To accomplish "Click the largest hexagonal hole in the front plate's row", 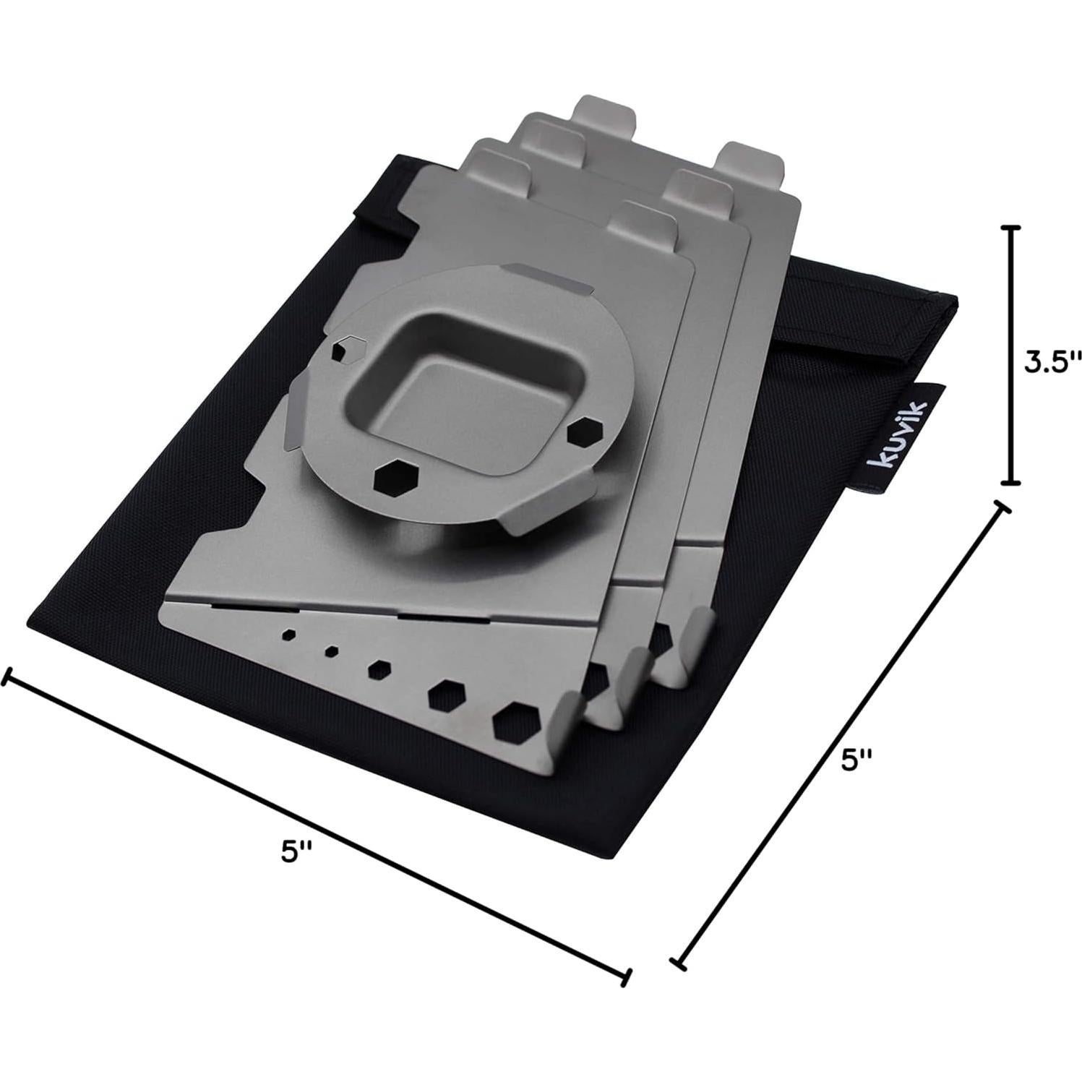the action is click(x=515, y=721).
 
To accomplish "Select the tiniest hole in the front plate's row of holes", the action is click(x=332, y=651).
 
